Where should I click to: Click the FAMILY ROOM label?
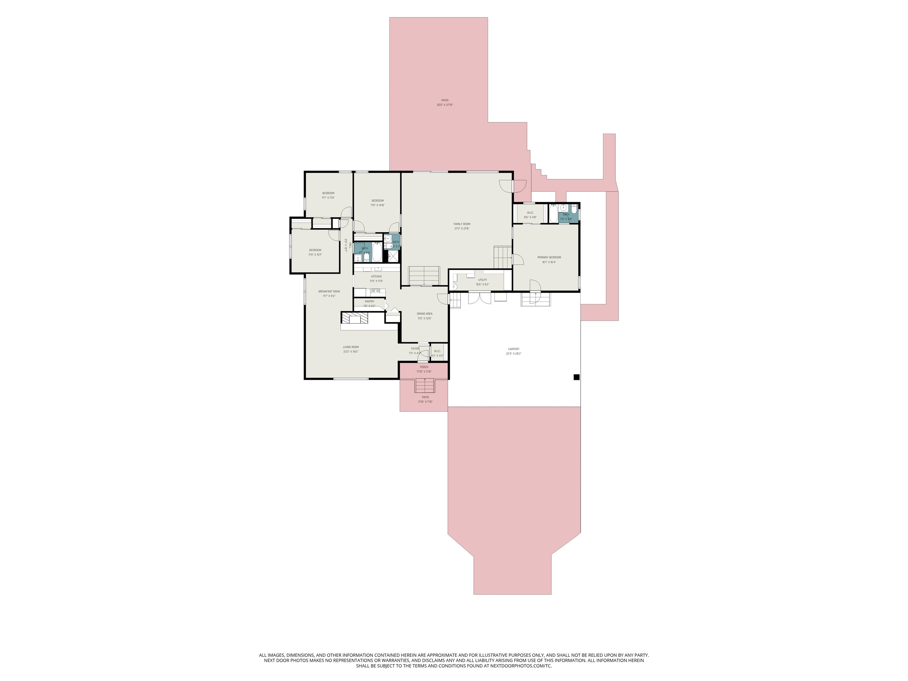[462, 224]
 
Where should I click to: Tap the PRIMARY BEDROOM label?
[549, 257]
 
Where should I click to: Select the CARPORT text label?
[513, 349]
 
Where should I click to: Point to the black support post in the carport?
[576, 377]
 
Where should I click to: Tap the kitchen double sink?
[376, 291]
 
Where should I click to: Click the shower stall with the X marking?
[393, 256]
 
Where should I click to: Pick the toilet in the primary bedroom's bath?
[574, 213]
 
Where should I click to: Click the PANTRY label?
[369, 301]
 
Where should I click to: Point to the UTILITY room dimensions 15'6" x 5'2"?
[482, 284]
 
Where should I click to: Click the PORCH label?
[424, 367]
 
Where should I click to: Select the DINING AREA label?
[424, 314]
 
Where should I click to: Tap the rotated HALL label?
[350, 245]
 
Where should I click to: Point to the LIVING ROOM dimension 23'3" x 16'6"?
[351, 352]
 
